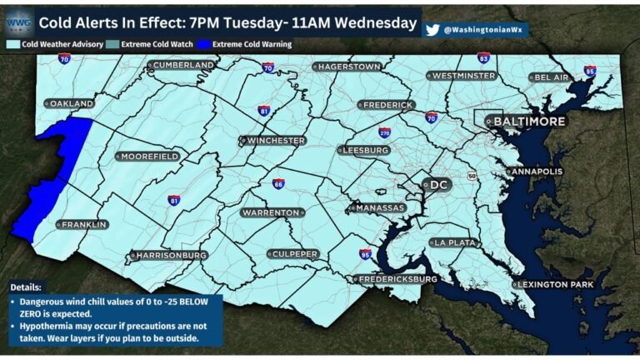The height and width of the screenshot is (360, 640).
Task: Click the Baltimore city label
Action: pyautogui.click(x=529, y=122)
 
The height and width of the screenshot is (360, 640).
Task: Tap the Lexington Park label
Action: pyautogui.click(x=554, y=285)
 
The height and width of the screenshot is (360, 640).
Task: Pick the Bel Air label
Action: pyautogui.click(x=551, y=77)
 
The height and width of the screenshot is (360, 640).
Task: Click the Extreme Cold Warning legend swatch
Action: pyautogui.click(x=204, y=44)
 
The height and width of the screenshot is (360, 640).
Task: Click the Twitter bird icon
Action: pyautogui.click(x=432, y=29)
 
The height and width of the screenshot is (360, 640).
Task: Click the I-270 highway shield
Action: pyautogui.click(x=384, y=132)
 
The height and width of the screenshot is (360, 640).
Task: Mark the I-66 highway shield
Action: pyautogui.click(x=278, y=183)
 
